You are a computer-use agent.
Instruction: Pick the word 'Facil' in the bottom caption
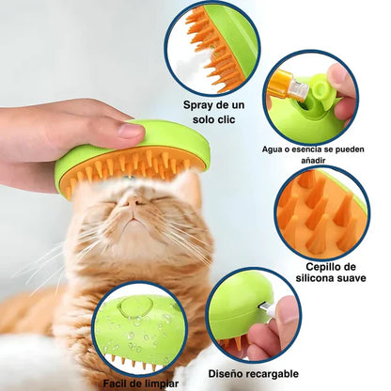click(x=116, y=383)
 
